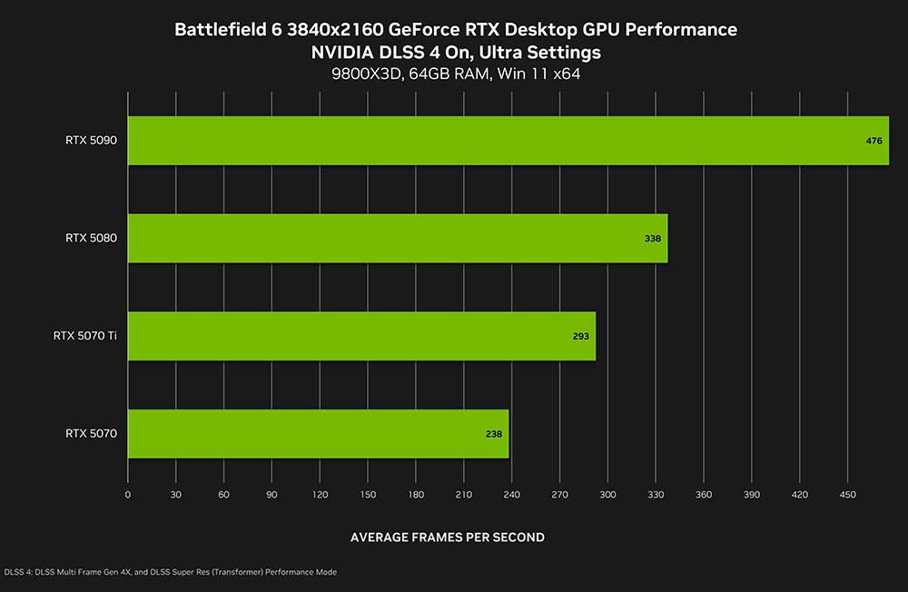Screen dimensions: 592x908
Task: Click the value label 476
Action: [874, 141]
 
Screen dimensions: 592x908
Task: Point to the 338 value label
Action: [653, 239]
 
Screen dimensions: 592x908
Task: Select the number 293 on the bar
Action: [581, 336]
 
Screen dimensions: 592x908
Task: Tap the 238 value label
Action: [494, 434]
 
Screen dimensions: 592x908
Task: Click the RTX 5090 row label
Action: [91, 141]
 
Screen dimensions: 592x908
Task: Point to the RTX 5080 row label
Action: [91, 238]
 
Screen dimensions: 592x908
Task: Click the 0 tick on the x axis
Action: [128, 495]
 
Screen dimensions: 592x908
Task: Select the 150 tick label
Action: [368, 495]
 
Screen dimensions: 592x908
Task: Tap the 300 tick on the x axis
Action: [607, 495]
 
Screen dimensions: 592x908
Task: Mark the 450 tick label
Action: [847, 495]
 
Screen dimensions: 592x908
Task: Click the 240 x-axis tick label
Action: [511, 495]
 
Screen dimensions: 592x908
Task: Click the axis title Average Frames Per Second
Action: [448, 538]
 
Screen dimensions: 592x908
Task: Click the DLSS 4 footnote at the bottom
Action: [171, 572]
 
